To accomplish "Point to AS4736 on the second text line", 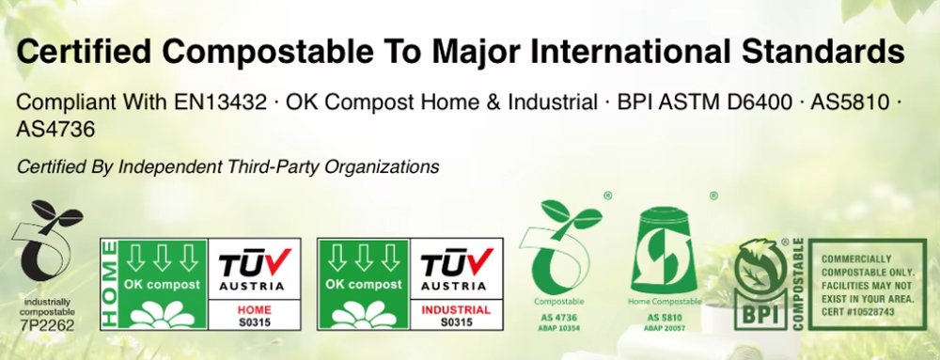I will [x=56, y=130].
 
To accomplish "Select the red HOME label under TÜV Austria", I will [x=250, y=308].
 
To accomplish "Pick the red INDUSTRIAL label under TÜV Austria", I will [x=454, y=308].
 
